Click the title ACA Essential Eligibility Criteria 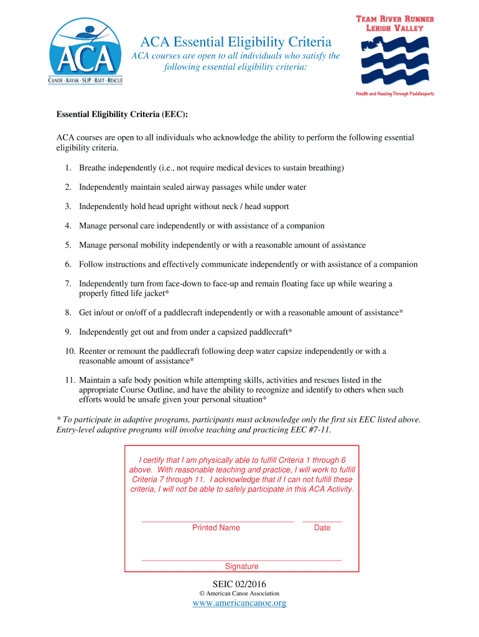click(236, 42)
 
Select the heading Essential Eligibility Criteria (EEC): click(122, 115)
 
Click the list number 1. click(67, 168)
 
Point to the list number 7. click(67, 284)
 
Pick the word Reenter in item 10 click(95, 351)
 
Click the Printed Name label click(216, 528)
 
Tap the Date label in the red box click(322, 528)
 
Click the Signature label click(241, 566)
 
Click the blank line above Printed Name click(218, 521)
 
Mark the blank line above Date click(322, 521)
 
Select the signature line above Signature click(241, 560)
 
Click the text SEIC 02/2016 click(240, 584)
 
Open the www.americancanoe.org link click(240, 603)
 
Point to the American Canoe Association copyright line click(240, 593)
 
